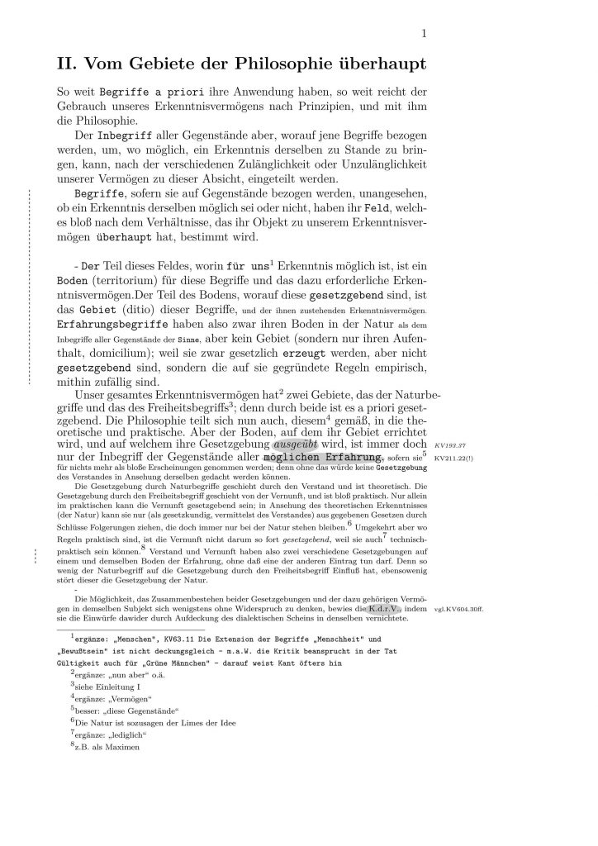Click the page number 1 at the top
click(423, 34)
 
